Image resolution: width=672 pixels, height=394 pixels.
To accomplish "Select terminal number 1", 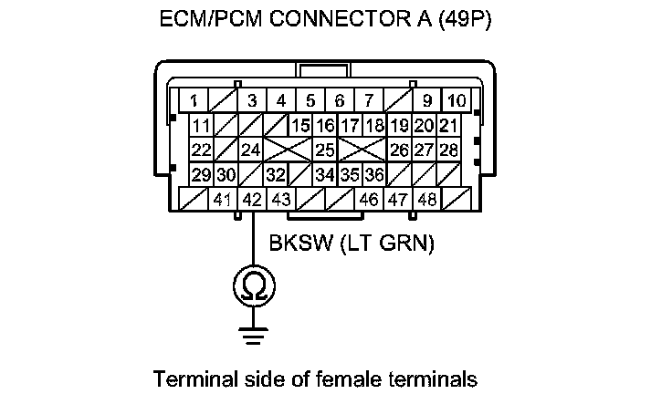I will (194, 100).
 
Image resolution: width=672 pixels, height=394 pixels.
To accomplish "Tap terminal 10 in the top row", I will (456, 100).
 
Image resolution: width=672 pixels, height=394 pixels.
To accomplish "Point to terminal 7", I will (369, 100).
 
